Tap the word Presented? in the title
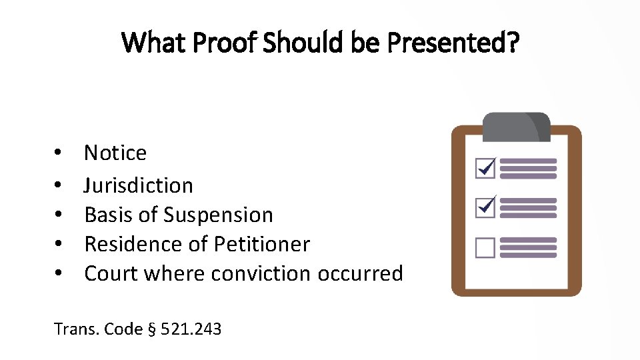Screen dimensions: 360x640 [453, 43]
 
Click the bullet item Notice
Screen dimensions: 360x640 [115, 153]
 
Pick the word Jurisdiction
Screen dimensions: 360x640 [139, 185]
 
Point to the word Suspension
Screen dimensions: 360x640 [218, 215]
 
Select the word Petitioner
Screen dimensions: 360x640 [262, 244]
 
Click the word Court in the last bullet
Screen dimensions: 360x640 [111, 273]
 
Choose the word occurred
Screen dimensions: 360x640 [361, 273]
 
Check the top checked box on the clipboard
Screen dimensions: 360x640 [485, 169]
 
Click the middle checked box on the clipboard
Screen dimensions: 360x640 [485, 207]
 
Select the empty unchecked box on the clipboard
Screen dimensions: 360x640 [485, 248]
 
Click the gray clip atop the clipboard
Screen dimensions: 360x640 [517, 126]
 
